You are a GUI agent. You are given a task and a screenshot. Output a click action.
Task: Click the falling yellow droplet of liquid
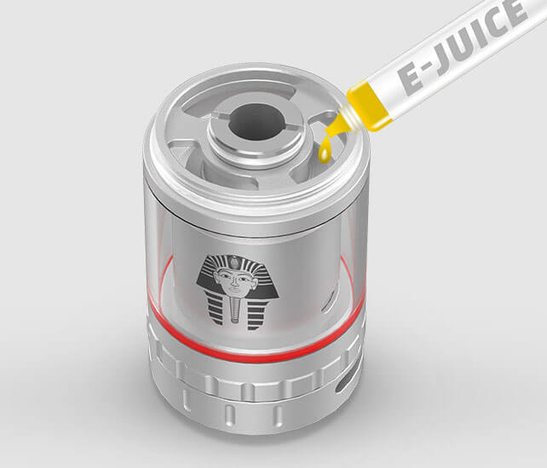tap(324, 152)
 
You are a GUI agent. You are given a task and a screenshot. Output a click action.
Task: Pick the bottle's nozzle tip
tap(332, 129)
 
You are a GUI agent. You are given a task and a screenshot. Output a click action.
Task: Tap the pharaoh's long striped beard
tap(235, 309)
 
